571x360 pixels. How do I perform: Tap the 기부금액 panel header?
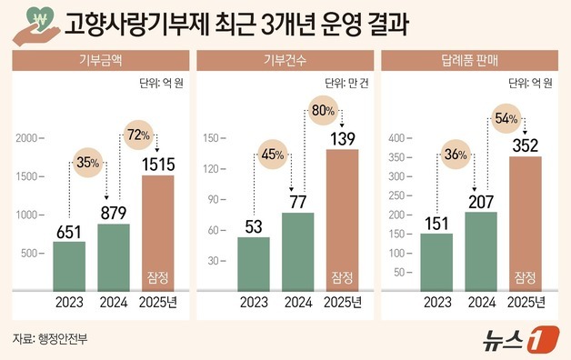[x=100, y=61]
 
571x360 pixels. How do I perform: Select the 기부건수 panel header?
[x=285, y=61]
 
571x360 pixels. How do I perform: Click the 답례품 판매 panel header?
[x=470, y=61]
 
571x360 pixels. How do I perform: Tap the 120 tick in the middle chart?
[x=214, y=168]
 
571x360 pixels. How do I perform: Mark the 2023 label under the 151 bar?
[x=436, y=302]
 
